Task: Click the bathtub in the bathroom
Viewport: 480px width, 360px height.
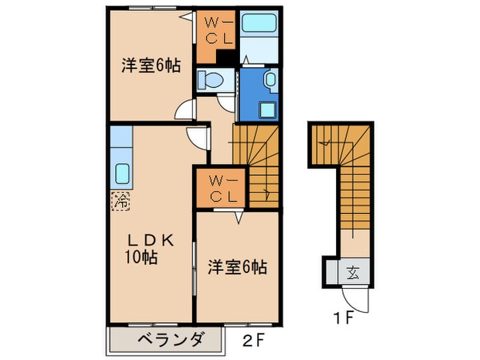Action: (259, 23)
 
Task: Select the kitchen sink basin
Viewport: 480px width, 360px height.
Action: (122, 173)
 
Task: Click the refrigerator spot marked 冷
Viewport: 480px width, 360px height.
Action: (121, 201)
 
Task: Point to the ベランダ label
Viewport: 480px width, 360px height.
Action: (170, 339)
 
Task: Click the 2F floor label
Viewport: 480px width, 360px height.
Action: (253, 340)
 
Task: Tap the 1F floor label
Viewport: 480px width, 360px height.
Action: (343, 317)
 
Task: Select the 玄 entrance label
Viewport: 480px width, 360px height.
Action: (353, 273)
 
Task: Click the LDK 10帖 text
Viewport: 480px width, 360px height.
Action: (149, 248)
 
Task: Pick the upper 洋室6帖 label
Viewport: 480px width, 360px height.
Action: (151, 65)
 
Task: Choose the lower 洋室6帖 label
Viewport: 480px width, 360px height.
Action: (237, 267)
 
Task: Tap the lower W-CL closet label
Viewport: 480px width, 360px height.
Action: (224, 189)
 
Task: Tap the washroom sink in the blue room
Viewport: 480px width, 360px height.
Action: (271, 80)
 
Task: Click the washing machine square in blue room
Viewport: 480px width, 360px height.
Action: (267, 110)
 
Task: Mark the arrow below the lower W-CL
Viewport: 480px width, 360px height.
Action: (239, 218)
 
